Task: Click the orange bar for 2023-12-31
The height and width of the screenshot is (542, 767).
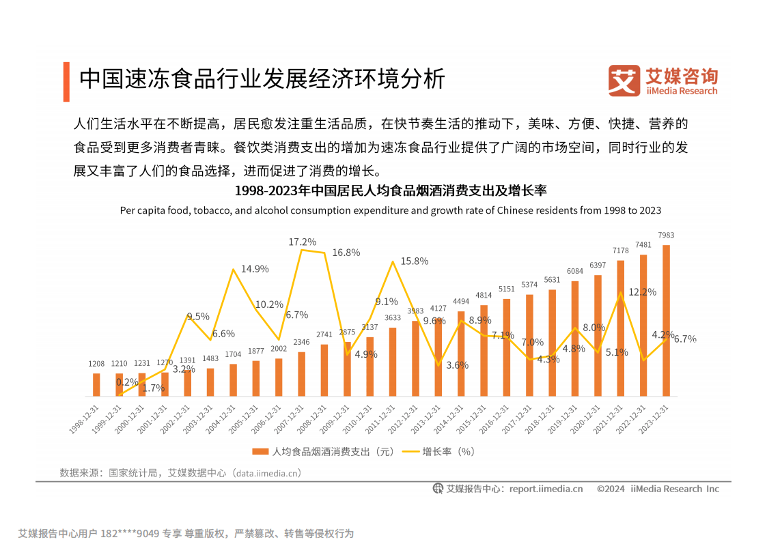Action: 666,321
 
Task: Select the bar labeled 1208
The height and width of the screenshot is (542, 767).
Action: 96,384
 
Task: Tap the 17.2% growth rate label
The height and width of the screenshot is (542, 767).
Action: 302,242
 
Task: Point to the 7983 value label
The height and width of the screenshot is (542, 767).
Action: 666,236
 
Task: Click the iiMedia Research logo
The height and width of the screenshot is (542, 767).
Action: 663,81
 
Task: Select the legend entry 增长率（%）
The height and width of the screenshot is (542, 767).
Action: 439,451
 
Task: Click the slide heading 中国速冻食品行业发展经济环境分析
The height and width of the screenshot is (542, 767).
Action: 262,79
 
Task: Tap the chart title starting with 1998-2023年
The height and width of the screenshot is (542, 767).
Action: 390,190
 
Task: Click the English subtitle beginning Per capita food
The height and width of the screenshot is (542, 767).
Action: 390,210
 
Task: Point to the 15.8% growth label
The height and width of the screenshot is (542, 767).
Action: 415,261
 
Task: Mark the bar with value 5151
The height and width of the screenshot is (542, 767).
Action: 507,347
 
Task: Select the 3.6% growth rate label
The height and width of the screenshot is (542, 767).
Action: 457,365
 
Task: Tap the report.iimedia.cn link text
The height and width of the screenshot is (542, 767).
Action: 546,489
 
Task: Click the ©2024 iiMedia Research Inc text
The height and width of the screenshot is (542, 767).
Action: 658,489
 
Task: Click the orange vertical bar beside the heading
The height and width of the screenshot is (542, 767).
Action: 66,81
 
